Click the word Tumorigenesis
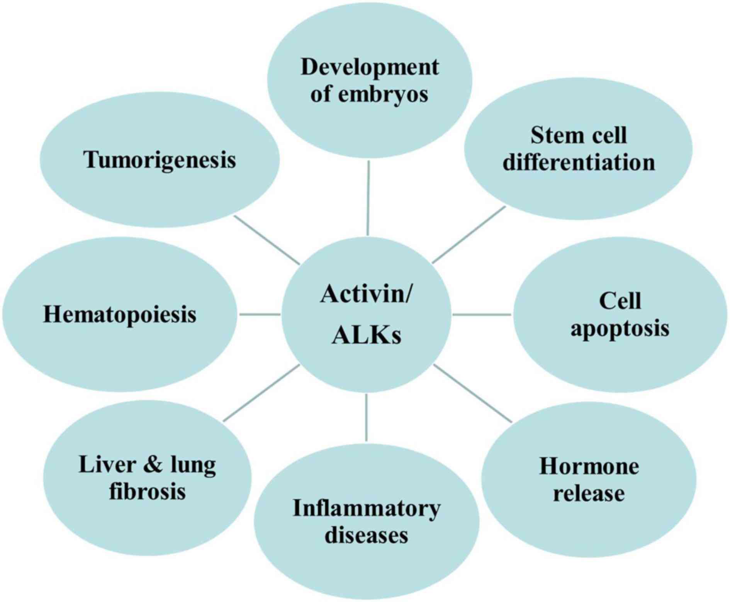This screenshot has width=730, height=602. (160, 160)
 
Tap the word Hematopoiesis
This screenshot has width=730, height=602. (120, 315)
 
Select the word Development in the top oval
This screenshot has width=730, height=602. (370, 68)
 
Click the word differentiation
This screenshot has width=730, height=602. (579, 162)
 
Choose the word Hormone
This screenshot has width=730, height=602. (589, 466)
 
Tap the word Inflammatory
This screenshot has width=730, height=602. (367, 509)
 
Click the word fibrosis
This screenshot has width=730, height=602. (147, 492)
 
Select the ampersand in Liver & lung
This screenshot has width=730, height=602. (153, 465)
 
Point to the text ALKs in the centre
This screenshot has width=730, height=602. (367, 335)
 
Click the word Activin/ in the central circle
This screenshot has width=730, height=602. (367, 294)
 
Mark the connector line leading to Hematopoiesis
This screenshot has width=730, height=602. (260, 315)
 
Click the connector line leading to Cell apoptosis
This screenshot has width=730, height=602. (482, 315)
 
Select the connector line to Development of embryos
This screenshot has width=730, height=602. (368, 198)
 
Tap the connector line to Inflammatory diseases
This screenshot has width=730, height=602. (366, 417)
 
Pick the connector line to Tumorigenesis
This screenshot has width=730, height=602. (267, 239)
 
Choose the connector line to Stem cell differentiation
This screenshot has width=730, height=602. (469, 234)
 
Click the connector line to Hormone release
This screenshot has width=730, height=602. (473, 393)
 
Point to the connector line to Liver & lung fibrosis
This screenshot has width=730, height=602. (261, 393)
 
